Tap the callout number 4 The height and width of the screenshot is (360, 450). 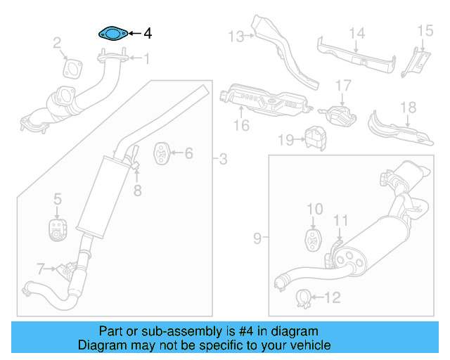coord(148,33)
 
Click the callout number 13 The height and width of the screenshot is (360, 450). coord(235,35)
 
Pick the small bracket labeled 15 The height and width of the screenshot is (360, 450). coord(415,60)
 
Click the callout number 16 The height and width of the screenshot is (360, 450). coord(241,126)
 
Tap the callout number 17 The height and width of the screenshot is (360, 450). coord(342,85)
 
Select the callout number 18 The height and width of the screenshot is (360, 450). coord(409,108)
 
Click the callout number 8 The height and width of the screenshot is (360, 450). coord(138,189)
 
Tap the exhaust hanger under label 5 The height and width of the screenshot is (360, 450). coord(57,229)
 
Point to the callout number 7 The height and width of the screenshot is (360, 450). coord(41,267)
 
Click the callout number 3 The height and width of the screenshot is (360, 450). coord(223,160)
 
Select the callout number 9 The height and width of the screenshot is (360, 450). coord(257,239)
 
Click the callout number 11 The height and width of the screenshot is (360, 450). coord(340,221)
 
